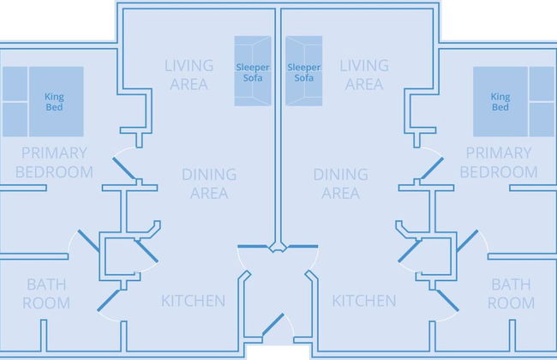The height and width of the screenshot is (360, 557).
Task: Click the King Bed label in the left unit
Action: point(54,102)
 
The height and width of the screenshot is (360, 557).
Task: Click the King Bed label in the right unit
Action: point(500,102)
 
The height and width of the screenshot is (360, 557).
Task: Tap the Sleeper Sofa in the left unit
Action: point(253,71)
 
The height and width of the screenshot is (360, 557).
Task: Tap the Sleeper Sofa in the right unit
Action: point(303,71)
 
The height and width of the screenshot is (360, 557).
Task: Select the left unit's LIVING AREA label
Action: point(189,75)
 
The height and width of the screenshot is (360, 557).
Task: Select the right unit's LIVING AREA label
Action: point(364,75)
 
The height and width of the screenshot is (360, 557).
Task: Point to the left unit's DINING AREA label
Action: point(209,183)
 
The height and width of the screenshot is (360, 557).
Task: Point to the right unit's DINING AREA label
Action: point(341,183)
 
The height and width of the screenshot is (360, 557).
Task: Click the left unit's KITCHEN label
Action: point(194,301)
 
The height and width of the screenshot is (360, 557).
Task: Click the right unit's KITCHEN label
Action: point(364,301)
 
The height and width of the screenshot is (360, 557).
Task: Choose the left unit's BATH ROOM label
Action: point(46,293)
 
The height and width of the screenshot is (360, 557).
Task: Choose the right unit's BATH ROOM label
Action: point(512,293)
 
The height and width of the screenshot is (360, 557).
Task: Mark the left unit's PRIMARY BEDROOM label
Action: point(54,162)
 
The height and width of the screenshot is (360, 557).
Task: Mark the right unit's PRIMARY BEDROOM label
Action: point(499,162)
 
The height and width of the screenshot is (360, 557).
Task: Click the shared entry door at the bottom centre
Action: point(273,324)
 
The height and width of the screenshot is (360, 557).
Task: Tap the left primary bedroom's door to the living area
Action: point(124,169)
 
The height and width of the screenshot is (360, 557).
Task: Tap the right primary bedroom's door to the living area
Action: point(432,169)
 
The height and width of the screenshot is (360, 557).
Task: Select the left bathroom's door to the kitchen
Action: point(109,301)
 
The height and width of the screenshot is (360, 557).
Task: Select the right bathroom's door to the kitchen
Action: point(447,301)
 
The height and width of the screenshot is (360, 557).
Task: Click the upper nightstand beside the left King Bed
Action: point(15,84)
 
